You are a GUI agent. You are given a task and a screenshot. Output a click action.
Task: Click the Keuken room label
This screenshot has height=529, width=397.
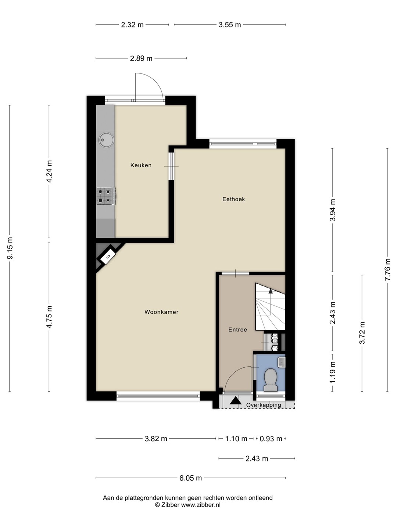click(x=141, y=165)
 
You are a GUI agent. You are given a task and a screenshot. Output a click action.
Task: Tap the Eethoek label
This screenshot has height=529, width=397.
click(x=233, y=199)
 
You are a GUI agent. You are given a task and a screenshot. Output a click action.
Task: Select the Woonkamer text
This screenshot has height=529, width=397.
click(x=161, y=312)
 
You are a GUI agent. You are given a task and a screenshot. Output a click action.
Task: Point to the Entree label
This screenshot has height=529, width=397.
click(x=238, y=330)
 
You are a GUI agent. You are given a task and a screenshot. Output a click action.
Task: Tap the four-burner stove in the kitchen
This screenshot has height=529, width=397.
click(x=106, y=196)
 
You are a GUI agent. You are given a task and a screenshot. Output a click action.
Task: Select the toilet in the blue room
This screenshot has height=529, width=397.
click(x=270, y=379)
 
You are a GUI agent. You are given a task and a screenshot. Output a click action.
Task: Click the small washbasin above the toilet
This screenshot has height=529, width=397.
click(x=281, y=362)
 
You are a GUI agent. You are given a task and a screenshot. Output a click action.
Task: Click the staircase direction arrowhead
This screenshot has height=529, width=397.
click(x=271, y=291)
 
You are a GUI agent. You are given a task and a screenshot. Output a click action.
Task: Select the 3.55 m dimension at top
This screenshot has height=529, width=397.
click(x=230, y=25)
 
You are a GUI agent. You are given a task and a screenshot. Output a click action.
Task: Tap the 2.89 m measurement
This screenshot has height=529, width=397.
click(x=141, y=58)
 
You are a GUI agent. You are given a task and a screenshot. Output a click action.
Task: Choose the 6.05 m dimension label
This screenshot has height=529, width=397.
click(x=190, y=478)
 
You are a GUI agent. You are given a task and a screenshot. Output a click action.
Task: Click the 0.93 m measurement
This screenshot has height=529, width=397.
click(x=271, y=439)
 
